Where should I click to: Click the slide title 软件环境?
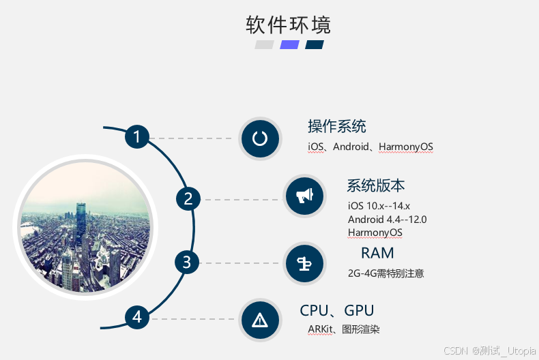[288, 25]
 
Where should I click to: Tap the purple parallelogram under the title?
[289, 45]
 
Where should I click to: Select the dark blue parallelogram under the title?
[315, 45]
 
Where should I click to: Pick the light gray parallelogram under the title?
[264, 45]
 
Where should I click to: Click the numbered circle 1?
[136, 137]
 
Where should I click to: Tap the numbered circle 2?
[188, 199]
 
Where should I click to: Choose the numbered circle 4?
[136, 317]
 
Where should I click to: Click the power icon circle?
[259, 138]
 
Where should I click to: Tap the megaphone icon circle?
[304, 196]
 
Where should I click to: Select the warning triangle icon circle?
[260, 320]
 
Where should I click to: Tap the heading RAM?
[377, 253]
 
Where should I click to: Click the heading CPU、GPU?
[337, 311]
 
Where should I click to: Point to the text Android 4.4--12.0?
[387, 219]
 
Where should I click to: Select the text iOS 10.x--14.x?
[379, 206]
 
